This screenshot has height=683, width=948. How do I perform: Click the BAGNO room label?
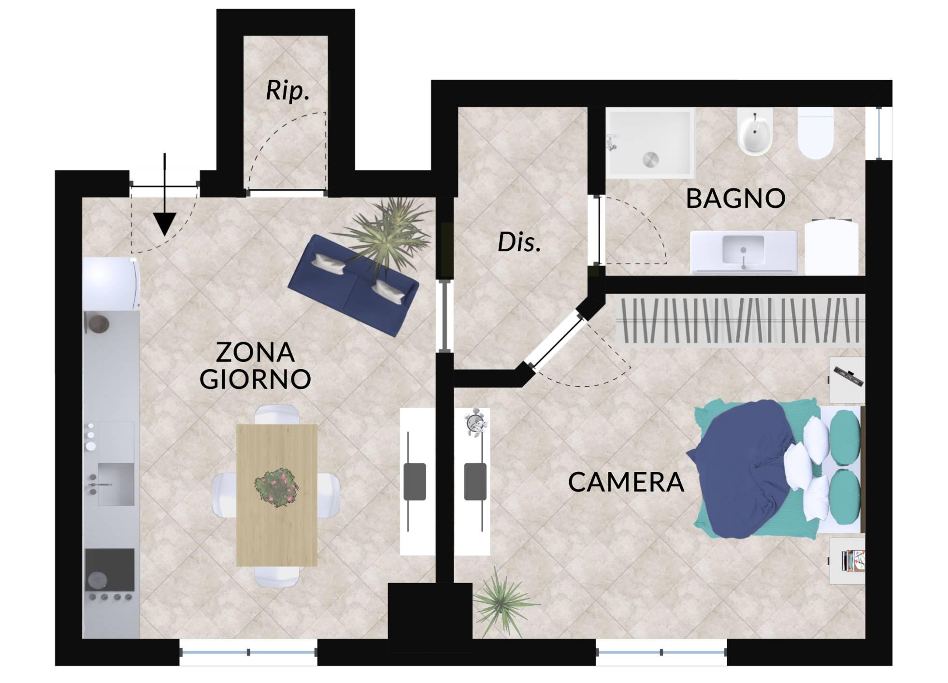pyautogui.click(x=735, y=199)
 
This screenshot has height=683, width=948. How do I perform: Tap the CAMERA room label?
pyautogui.click(x=626, y=482)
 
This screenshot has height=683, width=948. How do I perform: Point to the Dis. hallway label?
pyautogui.click(x=519, y=242)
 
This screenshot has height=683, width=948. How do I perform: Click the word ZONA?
pyautogui.click(x=255, y=352)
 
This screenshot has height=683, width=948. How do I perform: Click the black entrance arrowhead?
pyautogui.click(x=165, y=225)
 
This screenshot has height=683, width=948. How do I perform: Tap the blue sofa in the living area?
pyautogui.click(x=353, y=285)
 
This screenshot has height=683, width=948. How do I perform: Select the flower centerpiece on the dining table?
pyautogui.click(x=277, y=487)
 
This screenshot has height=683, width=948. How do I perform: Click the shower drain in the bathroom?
pyautogui.click(x=650, y=159)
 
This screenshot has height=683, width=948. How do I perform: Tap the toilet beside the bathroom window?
pyautogui.click(x=816, y=133)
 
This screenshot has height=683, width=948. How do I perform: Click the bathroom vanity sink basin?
pyautogui.click(x=743, y=250)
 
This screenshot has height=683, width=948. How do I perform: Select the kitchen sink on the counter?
pyautogui.click(x=116, y=484)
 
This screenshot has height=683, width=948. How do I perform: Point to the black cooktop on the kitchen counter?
pyautogui.click(x=110, y=569)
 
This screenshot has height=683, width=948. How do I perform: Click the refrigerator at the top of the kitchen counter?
pyautogui.click(x=111, y=284)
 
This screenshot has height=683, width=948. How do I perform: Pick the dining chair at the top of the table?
pyautogui.click(x=276, y=414)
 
